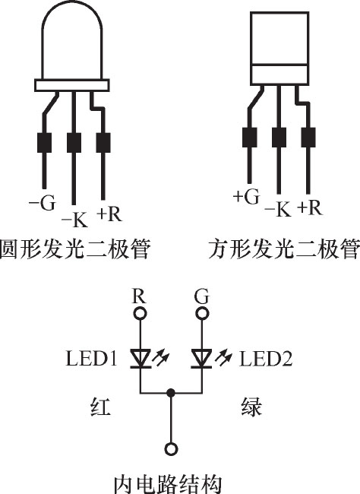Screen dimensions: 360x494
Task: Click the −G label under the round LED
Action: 42,202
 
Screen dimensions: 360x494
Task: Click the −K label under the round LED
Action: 74,220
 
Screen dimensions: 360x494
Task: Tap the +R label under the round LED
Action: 109,214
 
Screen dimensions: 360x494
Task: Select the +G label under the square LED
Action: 247,196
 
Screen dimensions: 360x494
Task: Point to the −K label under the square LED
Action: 278,208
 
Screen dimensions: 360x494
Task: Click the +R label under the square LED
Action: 310,207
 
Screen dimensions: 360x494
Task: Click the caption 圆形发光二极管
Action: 74,249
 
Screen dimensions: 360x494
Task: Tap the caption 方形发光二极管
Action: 284,249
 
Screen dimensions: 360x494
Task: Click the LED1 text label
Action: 91,359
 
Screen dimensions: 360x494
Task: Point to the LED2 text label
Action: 266,359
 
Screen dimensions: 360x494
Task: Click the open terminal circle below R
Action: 141,313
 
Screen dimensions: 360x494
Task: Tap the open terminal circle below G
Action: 202,313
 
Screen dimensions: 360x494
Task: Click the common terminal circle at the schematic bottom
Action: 171,449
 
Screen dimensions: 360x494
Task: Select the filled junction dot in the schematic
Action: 171,393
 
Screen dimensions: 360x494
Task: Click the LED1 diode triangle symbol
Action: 141,359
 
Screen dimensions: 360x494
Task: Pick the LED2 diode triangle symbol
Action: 201,359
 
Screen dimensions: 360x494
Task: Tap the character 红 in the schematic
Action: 101,407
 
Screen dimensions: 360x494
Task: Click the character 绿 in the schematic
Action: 251,407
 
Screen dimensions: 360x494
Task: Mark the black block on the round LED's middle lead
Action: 74,143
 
